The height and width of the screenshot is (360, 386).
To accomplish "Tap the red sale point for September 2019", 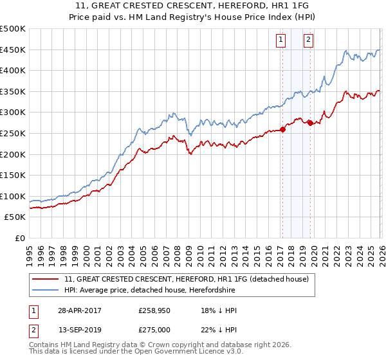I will click(x=310, y=123).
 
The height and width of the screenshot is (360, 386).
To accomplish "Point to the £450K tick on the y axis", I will click(x=13, y=50).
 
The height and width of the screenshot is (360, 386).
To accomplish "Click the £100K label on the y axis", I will click(x=13, y=196).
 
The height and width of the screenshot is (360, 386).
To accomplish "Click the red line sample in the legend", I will click(x=46, y=279).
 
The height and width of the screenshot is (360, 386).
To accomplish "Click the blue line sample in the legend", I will click(x=46, y=291).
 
